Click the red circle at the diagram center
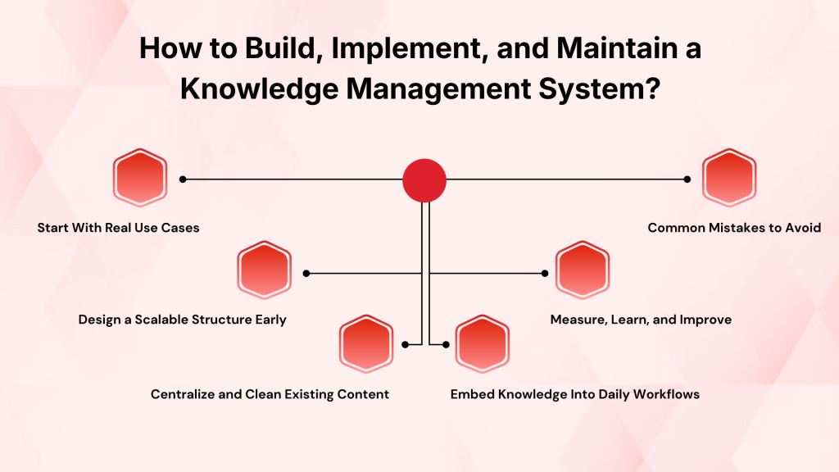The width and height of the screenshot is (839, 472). (424, 179)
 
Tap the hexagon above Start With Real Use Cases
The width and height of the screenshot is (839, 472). (139, 179)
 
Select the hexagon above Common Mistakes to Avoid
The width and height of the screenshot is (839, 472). (729, 179)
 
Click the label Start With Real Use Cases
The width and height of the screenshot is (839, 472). (118, 228)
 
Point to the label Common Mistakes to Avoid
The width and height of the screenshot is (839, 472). (734, 228)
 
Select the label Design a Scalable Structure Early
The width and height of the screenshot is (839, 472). (183, 320)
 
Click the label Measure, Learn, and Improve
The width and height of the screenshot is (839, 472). (641, 320)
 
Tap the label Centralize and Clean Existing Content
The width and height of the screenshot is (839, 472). (270, 394)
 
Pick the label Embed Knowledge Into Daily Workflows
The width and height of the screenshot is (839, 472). (575, 394)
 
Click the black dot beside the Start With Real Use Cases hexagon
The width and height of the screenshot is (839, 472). (183, 179)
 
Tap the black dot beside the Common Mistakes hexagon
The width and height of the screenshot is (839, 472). (687, 179)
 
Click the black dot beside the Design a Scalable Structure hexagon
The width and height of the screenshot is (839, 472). (306, 273)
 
